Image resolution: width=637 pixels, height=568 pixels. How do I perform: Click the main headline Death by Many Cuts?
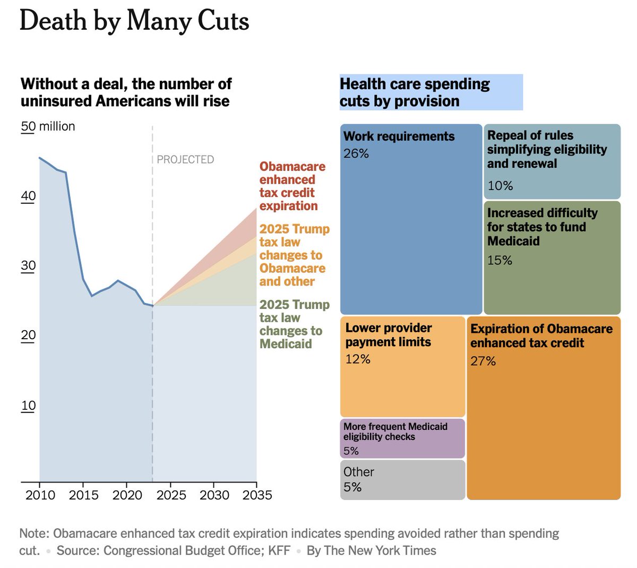pyautogui.click(x=134, y=22)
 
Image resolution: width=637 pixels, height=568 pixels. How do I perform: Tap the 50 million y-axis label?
pyautogui.click(x=48, y=126)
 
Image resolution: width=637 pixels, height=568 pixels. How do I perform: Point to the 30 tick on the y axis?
pyautogui.click(x=28, y=265)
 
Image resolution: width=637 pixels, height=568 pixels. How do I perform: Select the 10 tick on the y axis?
pyautogui.click(x=28, y=406)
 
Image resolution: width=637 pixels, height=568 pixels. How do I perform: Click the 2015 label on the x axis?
pyautogui.click(x=83, y=495)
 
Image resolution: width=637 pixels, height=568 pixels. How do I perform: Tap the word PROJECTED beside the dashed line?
pyautogui.click(x=185, y=159)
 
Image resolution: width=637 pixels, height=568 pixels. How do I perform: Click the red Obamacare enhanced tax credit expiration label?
pyautogui.click(x=292, y=186)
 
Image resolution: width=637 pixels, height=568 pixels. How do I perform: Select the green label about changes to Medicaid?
pyautogui.click(x=294, y=324)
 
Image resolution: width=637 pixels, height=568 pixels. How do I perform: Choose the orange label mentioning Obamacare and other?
pyautogui.click(x=294, y=255)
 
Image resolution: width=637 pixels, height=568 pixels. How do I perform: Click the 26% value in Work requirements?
pyautogui.click(x=356, y=153)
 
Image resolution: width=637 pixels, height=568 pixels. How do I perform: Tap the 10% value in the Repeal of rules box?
pyautogui.click(x=500, y=186)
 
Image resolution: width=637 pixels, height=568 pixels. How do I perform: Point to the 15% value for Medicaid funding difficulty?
pyautogui.click(x=500, y=260)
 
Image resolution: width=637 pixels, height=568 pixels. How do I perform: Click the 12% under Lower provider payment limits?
pyautogui.click(x=358, y=359)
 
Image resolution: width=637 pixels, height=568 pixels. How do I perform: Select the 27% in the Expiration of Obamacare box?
pyautogui.click(x=483, y=362)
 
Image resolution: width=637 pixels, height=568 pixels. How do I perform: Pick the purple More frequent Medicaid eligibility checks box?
pyautogui.click(x=402, y=438)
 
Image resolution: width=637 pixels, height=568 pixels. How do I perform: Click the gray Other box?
pyautogui.click(x=402, y=479)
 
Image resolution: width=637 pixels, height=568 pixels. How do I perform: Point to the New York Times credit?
pyautogui.click(x=372, y=550)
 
